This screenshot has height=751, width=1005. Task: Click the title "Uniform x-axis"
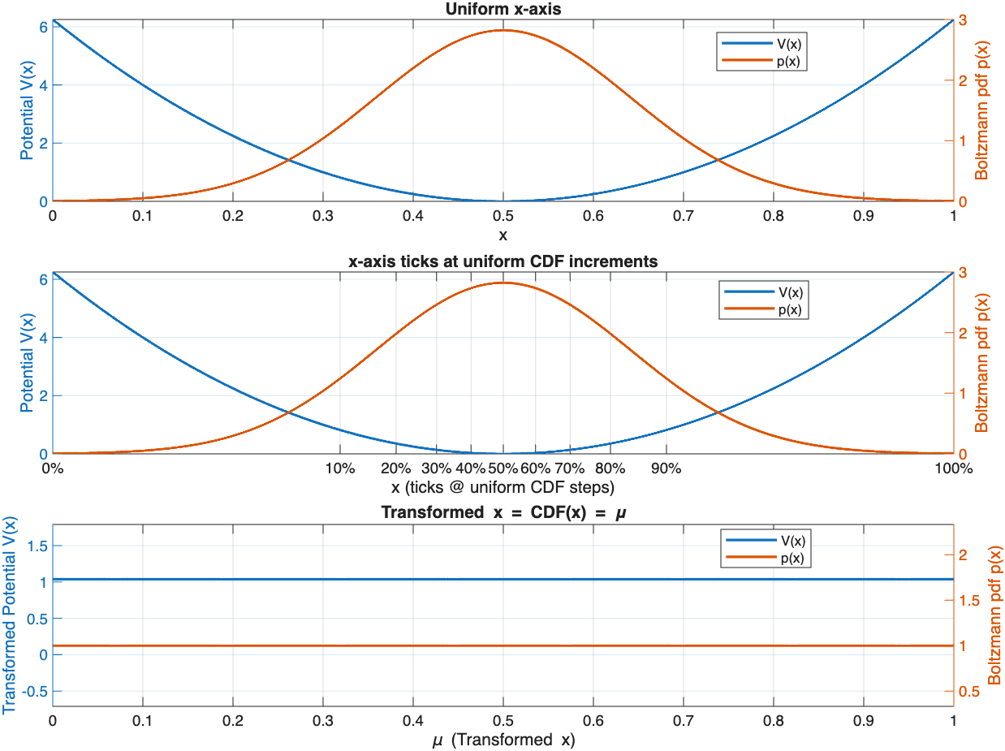pyautogui.click(x=502, y=9)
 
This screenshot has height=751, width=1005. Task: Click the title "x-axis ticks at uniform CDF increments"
pyautogui.click(x=502, y=261)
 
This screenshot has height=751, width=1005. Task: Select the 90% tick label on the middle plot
pyautogui.click(x=666, y=468)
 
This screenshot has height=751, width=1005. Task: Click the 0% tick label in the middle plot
pyautogui.click(x=53, y=468)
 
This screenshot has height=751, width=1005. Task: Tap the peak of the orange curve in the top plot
pyautogui.click(x=502, y=30)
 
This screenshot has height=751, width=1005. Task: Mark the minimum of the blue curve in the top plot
pyautogui.click(x=502, y=201)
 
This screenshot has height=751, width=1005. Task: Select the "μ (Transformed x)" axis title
pyautogui.click(x=502, y=740)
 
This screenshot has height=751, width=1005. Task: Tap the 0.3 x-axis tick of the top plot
pyautogui.click(x=322, y=217)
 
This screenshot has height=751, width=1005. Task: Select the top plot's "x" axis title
pyautogui.click(x=502, y=235)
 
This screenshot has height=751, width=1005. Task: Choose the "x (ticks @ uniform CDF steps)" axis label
pyautogui.click(x=502, y=487)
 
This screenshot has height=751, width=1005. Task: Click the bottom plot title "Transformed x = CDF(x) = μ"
pyautogui.click(x=502, y=513)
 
